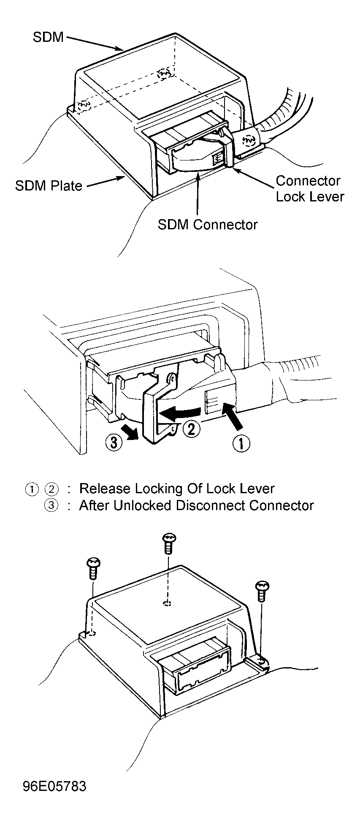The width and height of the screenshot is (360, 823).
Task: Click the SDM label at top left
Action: tap(48, 37)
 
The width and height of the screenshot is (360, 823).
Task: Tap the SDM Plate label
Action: tap(49, 186)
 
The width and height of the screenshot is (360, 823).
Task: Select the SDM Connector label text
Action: tap(208, 224)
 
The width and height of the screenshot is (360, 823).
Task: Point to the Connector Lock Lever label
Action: tap(310, 188)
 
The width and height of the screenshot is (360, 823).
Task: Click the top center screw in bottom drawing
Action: tap(169, 543)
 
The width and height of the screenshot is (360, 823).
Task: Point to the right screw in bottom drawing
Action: tap(263, 591)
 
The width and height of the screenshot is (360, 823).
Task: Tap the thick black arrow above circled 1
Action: tap(233, 417)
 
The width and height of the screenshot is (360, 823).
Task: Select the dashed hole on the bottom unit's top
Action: tap(168, 603)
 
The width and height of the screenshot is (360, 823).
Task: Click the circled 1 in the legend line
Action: tap(32, 489)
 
